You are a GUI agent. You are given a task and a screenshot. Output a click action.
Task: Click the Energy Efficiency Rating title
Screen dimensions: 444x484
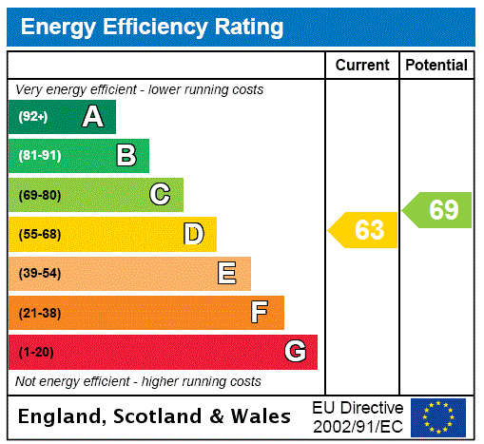(x=152, y=28)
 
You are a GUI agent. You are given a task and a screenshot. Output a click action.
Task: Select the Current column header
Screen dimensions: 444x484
(x=362, y=65)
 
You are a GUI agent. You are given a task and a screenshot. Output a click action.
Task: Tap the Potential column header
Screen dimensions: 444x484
(x=436, y=65)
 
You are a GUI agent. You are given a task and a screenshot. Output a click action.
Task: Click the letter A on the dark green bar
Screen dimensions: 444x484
(x=92, y=117)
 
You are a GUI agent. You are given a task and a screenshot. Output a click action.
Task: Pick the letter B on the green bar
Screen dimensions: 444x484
(x=126, y=156)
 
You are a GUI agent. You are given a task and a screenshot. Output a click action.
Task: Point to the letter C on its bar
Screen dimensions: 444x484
(x=160, y=195)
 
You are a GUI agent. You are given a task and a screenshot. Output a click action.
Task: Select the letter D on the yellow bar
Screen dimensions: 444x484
(x=194, y=234)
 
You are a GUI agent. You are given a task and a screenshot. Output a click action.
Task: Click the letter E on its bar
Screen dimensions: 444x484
(x=227, y=274)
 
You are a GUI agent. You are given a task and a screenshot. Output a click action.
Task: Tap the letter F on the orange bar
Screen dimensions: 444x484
(x=260, y=312)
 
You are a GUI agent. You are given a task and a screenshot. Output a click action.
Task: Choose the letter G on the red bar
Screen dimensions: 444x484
(x=295, y=352)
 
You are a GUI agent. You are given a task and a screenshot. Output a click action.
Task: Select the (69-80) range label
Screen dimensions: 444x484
(x=39, y=195)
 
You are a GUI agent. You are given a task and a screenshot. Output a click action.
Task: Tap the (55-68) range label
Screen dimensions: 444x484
(x=39, y=234)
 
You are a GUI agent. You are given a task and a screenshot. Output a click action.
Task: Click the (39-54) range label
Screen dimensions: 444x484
(x=39, y=274)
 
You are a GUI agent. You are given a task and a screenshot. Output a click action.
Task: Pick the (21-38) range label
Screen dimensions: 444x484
(x=39, y=312)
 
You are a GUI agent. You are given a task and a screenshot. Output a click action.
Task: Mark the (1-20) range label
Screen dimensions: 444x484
(x=36, y=352)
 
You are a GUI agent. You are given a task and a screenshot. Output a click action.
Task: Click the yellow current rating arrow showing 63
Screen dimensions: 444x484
(x=364, y=230)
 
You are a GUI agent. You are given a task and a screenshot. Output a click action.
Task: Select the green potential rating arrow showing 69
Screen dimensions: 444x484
(x=438, y=210)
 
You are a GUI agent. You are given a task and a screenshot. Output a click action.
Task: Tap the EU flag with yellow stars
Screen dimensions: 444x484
(x=438, y=416)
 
